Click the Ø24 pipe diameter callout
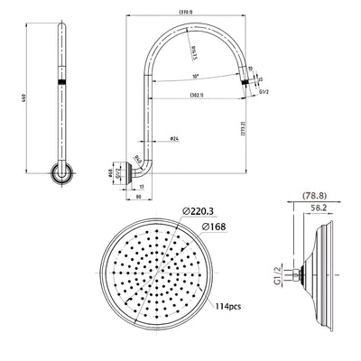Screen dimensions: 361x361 pos(172,138)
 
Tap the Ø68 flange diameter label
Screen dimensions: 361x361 pos(126,169)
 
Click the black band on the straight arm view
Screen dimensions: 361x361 pos(62,82)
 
